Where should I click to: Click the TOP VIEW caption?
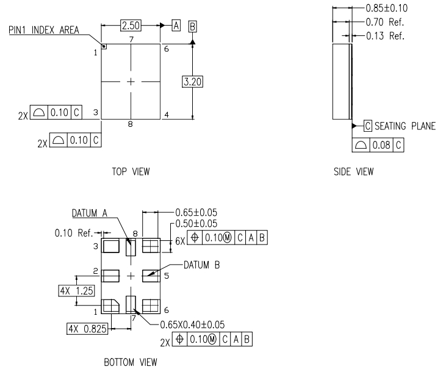tap(131, 173)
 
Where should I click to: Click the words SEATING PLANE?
tap(405, 126)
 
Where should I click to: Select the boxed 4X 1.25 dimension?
tap(76, 290)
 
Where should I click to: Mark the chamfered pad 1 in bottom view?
tap(110, 305)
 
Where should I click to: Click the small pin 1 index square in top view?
tap(104, 46)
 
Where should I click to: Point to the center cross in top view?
tap(131, 81)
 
